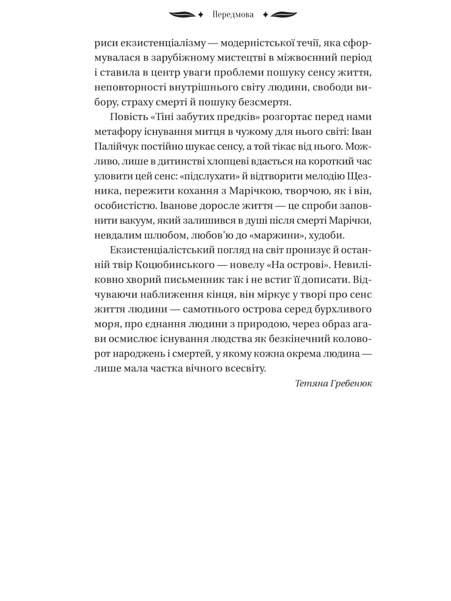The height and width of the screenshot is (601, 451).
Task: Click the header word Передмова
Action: [233, 15]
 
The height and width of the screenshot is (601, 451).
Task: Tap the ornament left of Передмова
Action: [186, 15]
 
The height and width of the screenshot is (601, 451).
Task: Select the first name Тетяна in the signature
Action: [311, 384]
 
